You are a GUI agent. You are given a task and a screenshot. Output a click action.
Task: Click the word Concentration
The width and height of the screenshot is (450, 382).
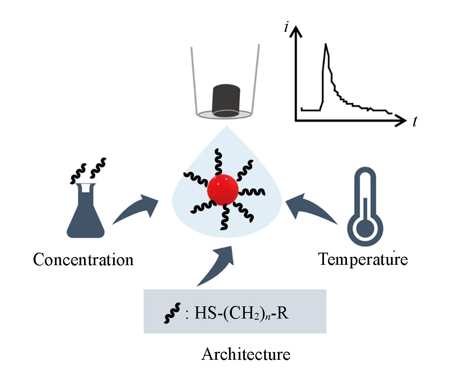click(83, 260)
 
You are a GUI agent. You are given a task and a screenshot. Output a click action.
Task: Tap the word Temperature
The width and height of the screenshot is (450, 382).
click(363, 259)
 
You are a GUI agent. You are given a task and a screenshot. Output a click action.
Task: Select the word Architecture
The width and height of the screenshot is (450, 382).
click(246, 354)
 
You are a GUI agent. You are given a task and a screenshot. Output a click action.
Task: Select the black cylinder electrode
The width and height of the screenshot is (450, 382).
click(225, 101)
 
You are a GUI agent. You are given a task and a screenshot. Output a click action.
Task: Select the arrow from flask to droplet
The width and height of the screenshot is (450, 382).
click(135, 209)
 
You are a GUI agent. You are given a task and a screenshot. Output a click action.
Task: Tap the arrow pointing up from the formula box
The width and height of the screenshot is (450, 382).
click(216, 265)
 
